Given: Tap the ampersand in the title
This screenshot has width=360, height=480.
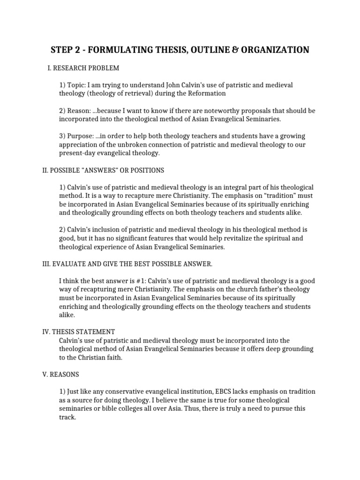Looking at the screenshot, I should tap(233, 50).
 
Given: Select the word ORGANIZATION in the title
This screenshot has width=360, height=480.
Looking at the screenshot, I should tap(274, 50).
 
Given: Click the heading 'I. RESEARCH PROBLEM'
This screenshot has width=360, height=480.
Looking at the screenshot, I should tap(83, 68).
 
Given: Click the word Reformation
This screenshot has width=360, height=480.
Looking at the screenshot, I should tap(207, 93).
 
